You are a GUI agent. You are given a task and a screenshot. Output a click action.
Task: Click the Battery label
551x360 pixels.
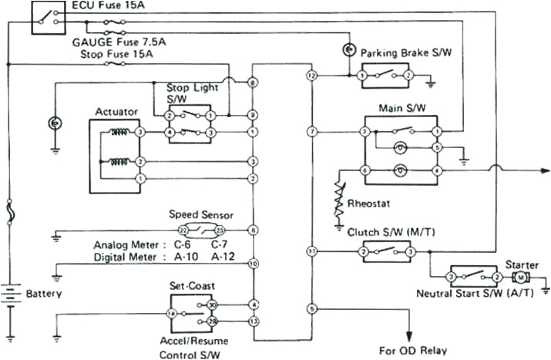click(x=43, y=294)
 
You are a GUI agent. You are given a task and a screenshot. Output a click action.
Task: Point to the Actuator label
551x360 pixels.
click(x=116, y=112)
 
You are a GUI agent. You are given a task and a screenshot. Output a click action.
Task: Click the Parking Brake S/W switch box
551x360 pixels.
click(x=385, y=76)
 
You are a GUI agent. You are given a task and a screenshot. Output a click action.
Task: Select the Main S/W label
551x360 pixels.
click(x=398, y=108)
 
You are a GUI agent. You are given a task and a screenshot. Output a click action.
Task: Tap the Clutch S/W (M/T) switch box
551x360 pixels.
click(x=387, y=251)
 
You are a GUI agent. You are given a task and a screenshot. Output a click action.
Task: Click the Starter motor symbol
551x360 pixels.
click(x=520, y=277)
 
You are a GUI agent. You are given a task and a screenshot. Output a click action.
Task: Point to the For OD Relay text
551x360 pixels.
click(x=412, y=350)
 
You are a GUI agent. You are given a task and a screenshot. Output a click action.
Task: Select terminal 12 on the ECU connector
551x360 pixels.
click(x=311, y=76)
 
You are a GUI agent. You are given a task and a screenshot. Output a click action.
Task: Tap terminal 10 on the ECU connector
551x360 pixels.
click(x=253, y=264)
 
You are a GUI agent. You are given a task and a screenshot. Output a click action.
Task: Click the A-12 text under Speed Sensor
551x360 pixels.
click(x=223, y=256)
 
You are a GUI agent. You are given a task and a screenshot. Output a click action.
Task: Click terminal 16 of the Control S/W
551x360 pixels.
click(x=173, y=314)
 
